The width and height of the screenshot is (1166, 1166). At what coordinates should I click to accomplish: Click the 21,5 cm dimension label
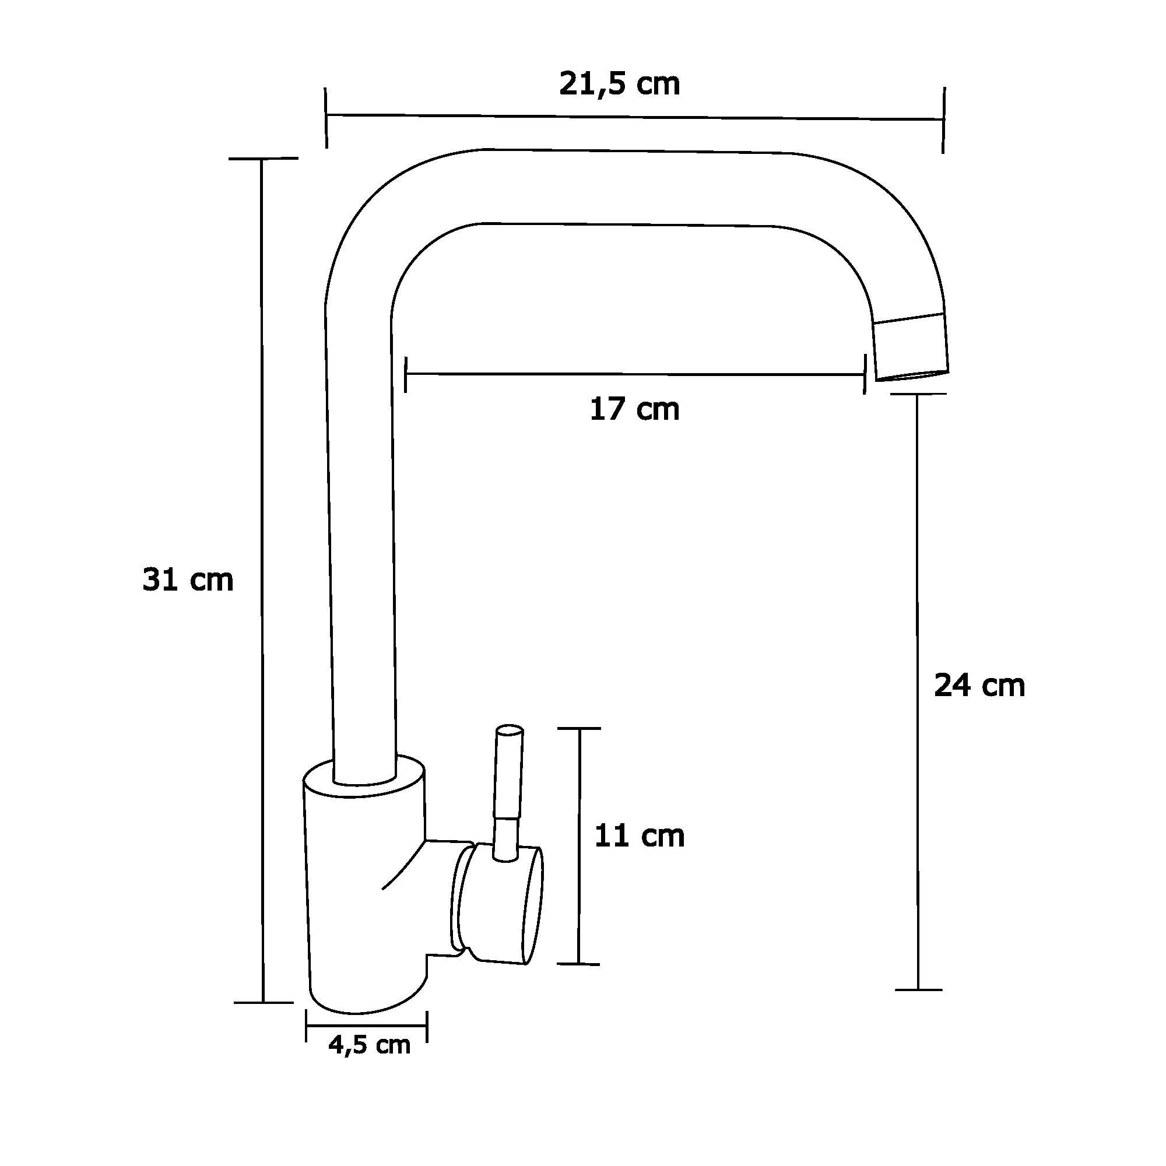[x=619, y=85]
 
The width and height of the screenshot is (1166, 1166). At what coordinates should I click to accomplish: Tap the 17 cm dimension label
[x=634, y=410]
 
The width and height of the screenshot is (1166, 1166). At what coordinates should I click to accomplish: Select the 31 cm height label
[x=188, y=580]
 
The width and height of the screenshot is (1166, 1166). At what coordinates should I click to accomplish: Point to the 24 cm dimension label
[x=979, y=686]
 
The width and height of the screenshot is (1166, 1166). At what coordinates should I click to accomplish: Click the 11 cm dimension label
[x=639, y=837]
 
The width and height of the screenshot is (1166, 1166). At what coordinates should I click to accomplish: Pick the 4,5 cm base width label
[x=370, y=1044]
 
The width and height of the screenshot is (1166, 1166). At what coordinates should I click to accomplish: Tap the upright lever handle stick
[x=507, y=792]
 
